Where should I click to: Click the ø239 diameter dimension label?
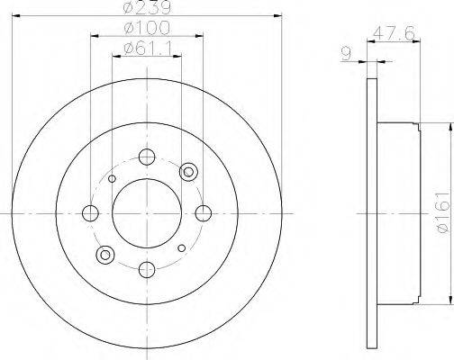tap(147, 7)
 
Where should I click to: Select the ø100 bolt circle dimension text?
tap(147, 28)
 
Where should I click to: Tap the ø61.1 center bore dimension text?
tap(148, 49)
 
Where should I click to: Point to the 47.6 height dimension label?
tap(394, 33)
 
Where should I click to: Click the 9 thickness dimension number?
tap(347, 54)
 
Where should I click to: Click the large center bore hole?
tap(147, 213)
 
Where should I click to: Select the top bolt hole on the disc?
tap(147, 157)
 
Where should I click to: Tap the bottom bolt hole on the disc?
tap(147, 270)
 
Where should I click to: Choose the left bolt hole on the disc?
tap(90, 213)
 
